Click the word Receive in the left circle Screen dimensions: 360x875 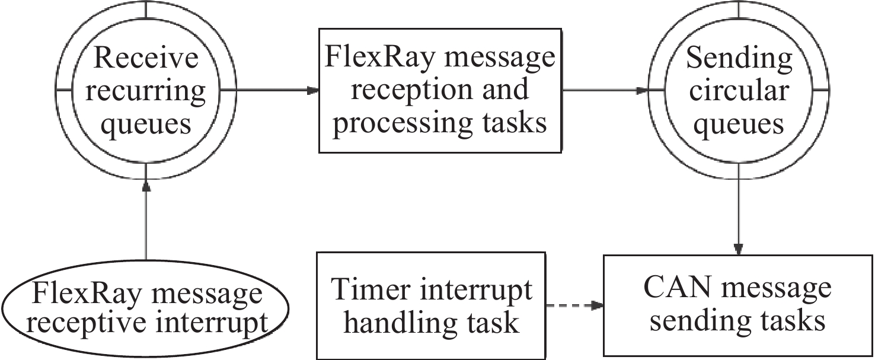(145, 59)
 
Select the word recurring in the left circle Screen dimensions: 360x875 (145, 92)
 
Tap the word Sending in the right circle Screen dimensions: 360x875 (739, 59)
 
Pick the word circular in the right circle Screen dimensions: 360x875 (739, 91)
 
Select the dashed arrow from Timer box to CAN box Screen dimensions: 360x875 (574, 306)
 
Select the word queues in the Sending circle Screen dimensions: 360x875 (739, 125)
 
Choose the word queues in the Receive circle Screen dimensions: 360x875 (145, 125)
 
